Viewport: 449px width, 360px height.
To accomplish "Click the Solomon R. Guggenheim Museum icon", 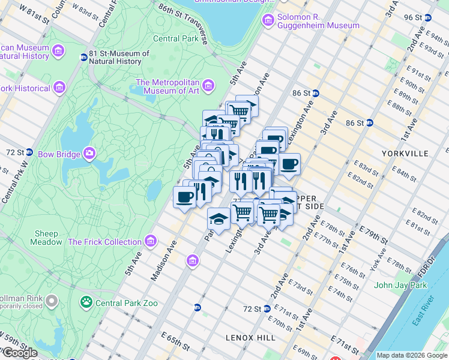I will click(268, 20).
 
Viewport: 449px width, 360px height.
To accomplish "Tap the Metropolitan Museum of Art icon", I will click(208, 87).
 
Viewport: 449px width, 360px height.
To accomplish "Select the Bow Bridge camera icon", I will click(89, 154).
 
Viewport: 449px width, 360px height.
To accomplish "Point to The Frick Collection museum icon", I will click(151, 242).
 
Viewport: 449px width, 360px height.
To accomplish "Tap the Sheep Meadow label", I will click(47, 238).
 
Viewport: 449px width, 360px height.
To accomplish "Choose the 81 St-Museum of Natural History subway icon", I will click(83, 58).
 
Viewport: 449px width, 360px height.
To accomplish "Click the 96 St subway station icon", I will click(427, 17).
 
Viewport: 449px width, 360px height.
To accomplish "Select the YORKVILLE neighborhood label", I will click(405, 154).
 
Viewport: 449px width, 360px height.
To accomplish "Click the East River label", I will click(426, 311).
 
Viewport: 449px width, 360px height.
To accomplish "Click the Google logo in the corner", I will click(19, 353).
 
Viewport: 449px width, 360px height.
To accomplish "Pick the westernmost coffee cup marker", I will click(184, 197).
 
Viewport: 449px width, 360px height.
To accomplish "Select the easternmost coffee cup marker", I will click(289, 164).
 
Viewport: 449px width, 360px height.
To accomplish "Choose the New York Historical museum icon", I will click(59, 89).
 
